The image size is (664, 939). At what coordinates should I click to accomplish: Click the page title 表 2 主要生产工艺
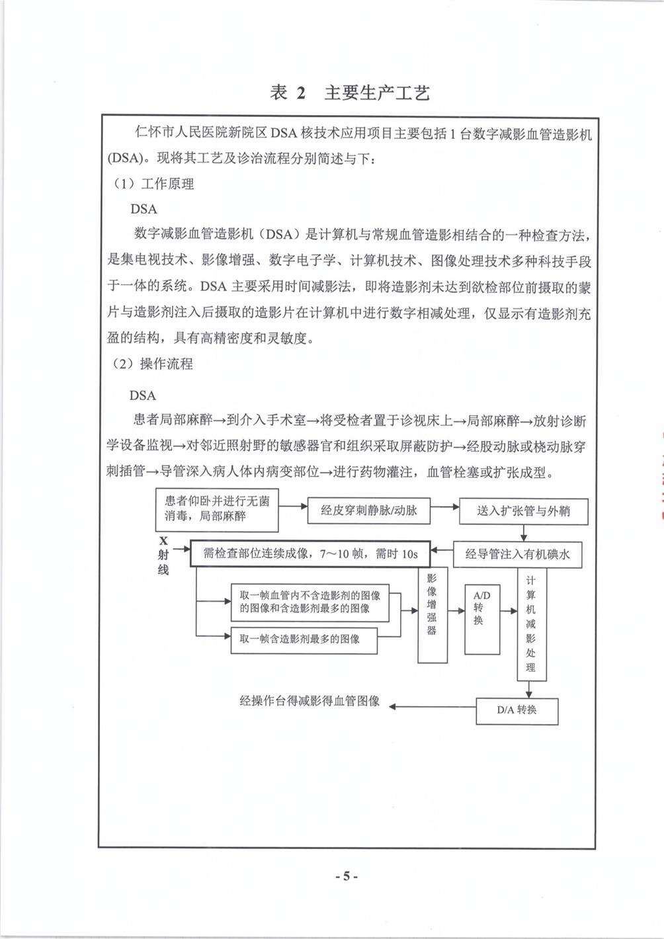pyautogui.click(x=350, y=93)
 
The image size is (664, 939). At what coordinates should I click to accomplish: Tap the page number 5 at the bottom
pyautogui.click(x=345, y=877)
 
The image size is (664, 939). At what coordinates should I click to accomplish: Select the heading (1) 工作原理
pyautogui.click(x=153, y=184)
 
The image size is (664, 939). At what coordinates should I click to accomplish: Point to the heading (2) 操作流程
pyautogui.click(x=153, y=364)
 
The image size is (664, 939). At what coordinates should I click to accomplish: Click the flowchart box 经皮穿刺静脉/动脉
pyautogui.click(x=368, y=510)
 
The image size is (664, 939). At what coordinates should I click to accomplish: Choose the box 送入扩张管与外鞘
pyautogui.click(x=522, y=510)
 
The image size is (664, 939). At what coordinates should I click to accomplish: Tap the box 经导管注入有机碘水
pyautogui.click(x=517, y=554)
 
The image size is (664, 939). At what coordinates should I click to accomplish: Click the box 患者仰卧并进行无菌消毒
pyautogui.click(x=217, y=509)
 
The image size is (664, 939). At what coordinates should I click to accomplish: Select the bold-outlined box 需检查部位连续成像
pyautogui.click(x=310, y=553)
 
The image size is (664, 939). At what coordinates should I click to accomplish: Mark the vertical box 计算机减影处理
pyautogui.click(x=531, y=625)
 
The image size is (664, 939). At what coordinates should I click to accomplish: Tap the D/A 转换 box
pyautogui.click(x=517, y=710)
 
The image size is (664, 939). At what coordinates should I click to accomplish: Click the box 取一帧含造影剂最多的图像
pyautogui.click(x=304, y=639)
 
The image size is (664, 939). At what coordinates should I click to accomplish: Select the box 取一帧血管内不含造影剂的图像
pyautogui.click(x=310, y=602)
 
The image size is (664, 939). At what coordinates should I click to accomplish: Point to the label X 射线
pyautogui.click(x=163, y=555)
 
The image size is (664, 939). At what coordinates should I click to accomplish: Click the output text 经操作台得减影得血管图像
pyautogui.click(x=310, y=702)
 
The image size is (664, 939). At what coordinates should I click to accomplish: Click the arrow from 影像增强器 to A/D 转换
pyautogui.click(x=456, y=611)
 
